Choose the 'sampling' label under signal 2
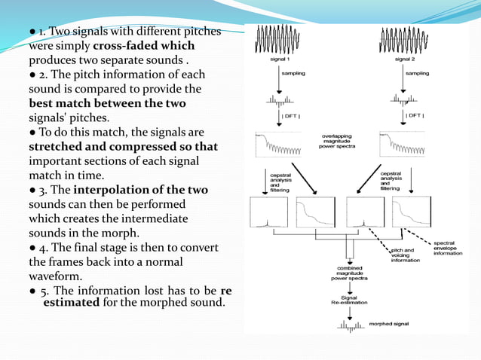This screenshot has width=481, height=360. (x=417, y=74)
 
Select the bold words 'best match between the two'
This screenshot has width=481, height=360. (x=106, y=103)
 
